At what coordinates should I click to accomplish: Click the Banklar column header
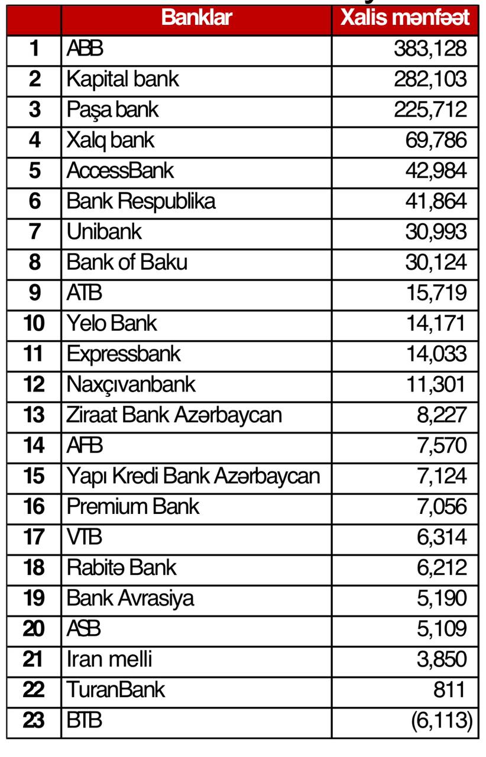pos(196,18)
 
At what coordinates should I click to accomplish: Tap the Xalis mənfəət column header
pos(405,18)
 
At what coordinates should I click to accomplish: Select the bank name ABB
pos(85,48)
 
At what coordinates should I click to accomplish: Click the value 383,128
pos(430,48)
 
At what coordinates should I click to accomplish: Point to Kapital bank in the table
pos(122,79)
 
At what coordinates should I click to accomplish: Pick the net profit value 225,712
pos(430,109)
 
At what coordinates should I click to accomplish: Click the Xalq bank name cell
pos(111,140)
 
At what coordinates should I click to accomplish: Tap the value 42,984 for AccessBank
pos(436,171)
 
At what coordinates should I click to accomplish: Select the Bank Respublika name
pos(141,202)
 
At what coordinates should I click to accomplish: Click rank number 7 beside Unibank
pos(34,232)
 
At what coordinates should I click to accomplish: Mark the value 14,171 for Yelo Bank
pos(435,323)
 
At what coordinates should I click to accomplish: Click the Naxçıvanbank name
pos(131,385)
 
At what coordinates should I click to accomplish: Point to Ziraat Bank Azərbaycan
pos(174,415)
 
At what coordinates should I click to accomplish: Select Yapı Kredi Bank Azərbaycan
pos(193,476)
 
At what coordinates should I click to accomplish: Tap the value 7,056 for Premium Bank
pos(442,507)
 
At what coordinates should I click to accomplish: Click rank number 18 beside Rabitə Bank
pos(34,568)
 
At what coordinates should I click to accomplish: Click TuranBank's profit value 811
pos(452,690)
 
